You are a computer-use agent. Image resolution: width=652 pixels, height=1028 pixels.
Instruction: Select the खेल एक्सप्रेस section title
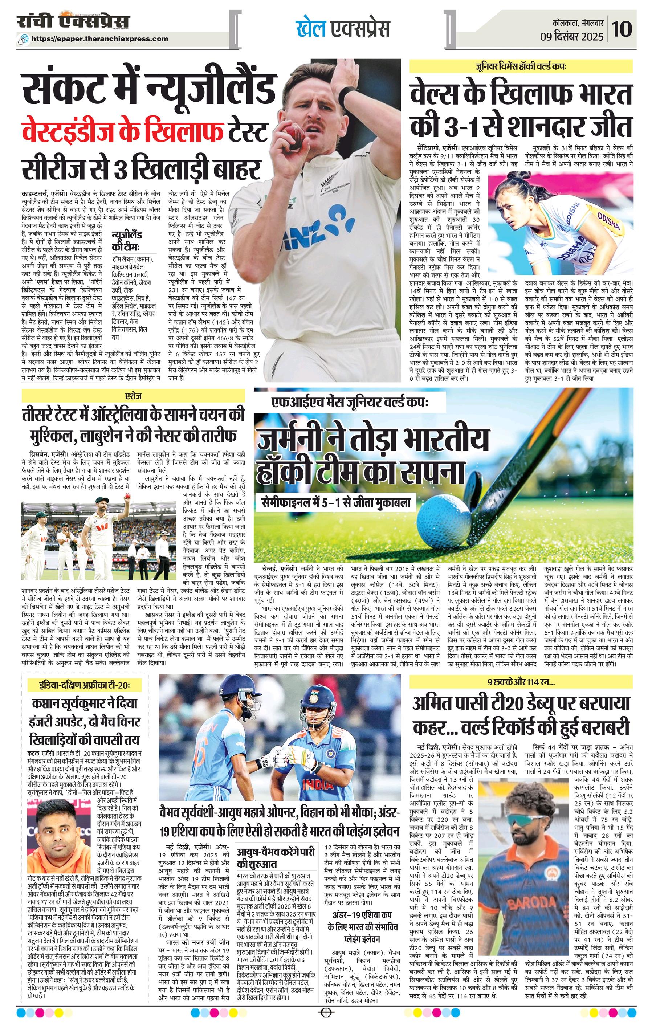click(x=343, y=29)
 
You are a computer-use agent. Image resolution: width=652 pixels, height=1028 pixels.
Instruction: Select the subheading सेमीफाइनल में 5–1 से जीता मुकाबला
click(x=335, y=502)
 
